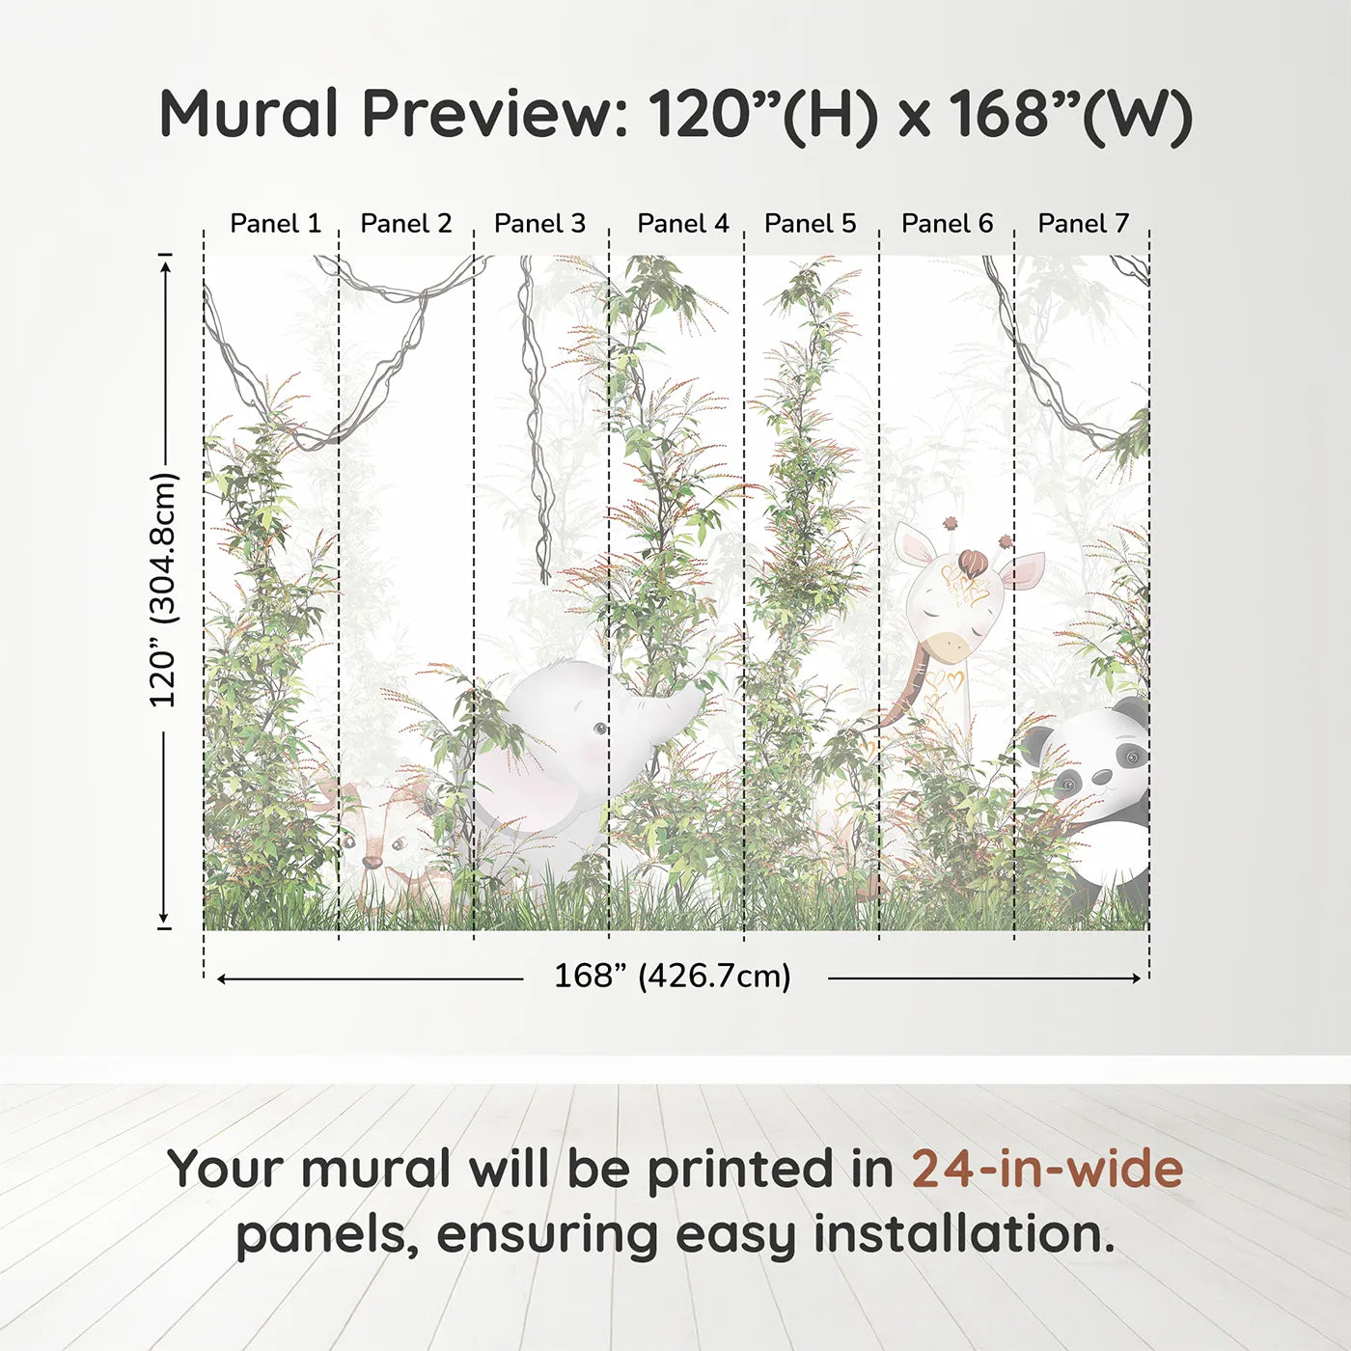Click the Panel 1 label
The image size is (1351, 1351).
(275, 224)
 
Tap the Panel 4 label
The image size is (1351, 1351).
(682, 224)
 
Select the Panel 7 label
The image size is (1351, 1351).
(1083, 224)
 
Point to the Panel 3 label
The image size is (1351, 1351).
(539, 224)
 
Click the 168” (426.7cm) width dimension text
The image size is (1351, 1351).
(672, 977)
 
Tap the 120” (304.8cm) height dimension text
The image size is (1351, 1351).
(163, 590)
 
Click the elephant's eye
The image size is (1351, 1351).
(600, 729)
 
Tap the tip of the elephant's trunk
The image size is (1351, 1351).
(697, 693)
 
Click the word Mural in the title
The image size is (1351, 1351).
(248, 114)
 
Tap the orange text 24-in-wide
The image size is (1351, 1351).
(1047, 1170)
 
